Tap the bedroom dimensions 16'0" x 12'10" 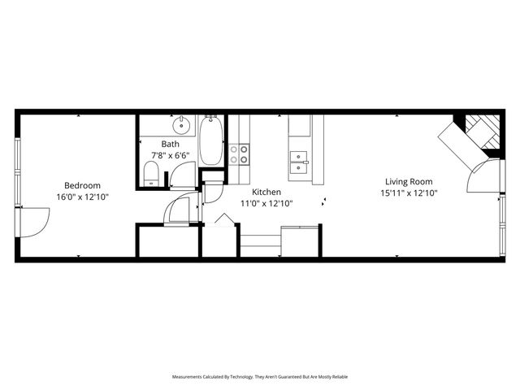(82, 197)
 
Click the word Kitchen (266, 193)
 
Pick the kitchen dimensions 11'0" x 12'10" (266, 204)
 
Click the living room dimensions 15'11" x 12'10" (409, 193)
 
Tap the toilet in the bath (151, 173)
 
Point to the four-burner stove (239, 154)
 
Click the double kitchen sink (298, 158)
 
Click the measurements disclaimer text (259, 377)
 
